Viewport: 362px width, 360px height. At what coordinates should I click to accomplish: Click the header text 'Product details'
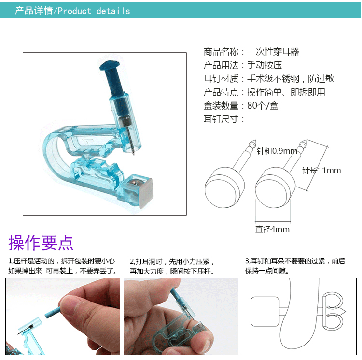click(x=94, y=11)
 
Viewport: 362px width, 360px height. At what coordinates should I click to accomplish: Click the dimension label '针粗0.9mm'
click(x=277, y=151)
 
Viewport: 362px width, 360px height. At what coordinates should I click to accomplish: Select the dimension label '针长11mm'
click(x=321, y=170)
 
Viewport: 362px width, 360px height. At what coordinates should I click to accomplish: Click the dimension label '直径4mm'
click(x=272, y=230)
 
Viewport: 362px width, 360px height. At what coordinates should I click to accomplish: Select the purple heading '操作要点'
click(x=41, y=243)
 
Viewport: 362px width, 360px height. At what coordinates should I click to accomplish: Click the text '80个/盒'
click(x=263, y=106)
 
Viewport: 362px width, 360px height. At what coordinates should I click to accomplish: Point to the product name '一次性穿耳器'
click(x=273, y=52)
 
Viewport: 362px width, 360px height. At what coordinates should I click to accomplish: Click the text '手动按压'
click(x=265, y=65)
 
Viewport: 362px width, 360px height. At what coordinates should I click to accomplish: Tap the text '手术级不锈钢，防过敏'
click(x=291, y=79)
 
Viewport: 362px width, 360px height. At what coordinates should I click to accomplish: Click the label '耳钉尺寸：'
click(x=224, y=119)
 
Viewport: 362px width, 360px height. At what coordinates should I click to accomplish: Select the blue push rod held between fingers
click(x=54, y=308)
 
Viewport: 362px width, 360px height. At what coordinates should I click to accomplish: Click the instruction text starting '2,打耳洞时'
click(x=172, y=266)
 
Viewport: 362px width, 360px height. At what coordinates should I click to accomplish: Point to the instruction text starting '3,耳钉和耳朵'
click(x=295, y=266)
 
